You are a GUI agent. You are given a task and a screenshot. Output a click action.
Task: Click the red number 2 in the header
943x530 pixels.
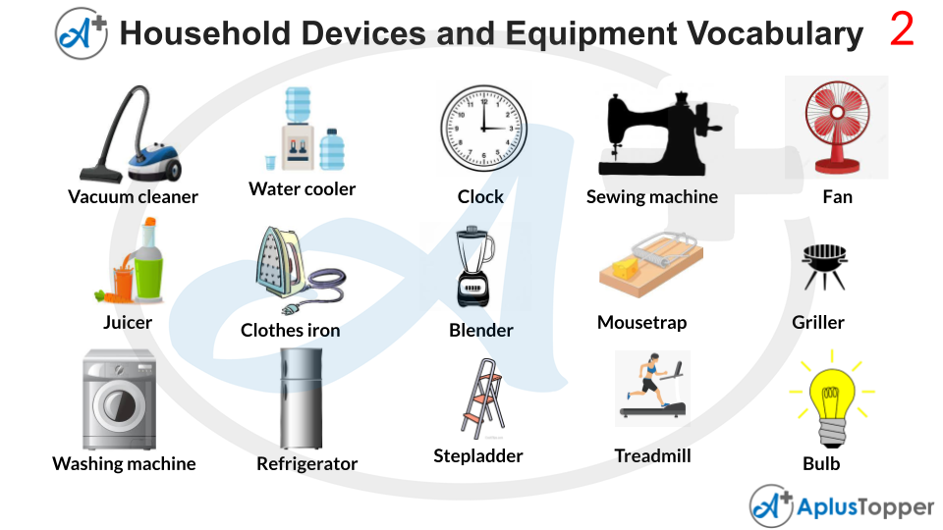click(x=902, y=30)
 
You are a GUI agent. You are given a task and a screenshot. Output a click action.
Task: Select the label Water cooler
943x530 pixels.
click(x=303, y=189)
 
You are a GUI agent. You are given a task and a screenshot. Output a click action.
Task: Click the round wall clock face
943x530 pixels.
click(x=481, y=128)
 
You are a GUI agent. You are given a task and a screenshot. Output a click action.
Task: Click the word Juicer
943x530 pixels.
click(x=128, y=323)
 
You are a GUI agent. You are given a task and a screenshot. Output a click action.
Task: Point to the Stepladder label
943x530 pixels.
click(x=478, y=456)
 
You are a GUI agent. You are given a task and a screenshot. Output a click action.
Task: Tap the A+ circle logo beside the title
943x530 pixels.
click(x=82, y=32)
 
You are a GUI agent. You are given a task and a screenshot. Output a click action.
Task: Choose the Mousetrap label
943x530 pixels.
click(x=642, y=323)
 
